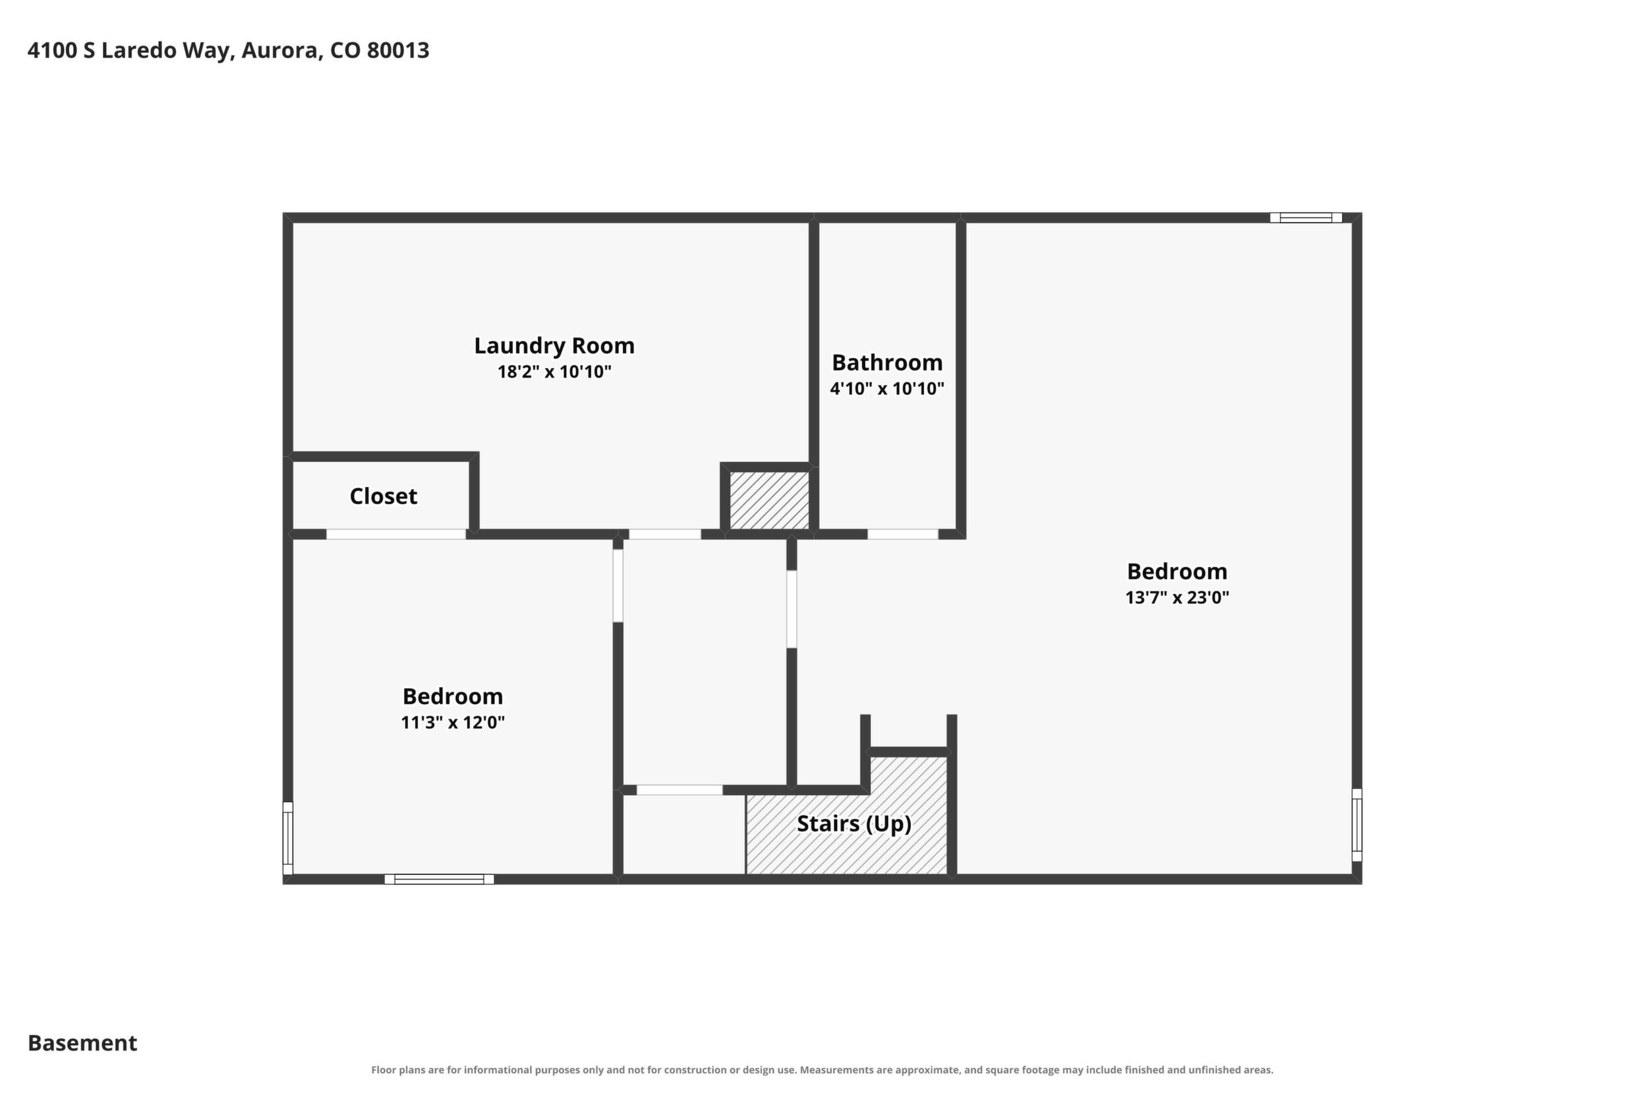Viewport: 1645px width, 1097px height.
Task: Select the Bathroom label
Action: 887,363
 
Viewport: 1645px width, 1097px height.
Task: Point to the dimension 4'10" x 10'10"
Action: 887,388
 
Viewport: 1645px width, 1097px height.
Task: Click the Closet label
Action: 384,496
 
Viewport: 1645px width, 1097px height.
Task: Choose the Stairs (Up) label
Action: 854,823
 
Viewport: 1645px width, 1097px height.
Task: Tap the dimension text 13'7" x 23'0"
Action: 1177,597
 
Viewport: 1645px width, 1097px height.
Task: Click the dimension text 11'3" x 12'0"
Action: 453,722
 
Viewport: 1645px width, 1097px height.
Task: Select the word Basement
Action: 82,1043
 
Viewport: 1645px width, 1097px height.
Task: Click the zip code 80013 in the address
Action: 398,50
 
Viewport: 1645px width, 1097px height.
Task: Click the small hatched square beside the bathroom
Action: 769,500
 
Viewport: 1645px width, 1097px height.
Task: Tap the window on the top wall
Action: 1306,218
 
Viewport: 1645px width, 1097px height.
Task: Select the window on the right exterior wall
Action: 1357,825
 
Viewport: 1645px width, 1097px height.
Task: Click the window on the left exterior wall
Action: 287,838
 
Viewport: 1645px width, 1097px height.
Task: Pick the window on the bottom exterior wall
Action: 439,879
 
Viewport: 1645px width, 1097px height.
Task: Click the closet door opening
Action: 396,535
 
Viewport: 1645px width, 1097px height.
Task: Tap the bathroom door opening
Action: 903,535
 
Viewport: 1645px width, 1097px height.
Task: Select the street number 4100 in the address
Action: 53,50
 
